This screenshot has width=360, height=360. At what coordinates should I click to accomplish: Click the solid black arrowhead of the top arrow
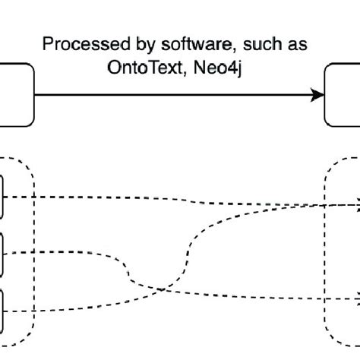pyautogui.click(x=318, y=95)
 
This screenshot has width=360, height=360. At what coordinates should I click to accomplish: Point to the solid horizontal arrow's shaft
pyautogui.click(x=175, y=95)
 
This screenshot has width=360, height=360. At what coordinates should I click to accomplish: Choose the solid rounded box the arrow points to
pyautogui.click(x=343, y=95)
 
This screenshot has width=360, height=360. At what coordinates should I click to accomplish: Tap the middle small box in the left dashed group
pyautogui.click(x=3, y=252)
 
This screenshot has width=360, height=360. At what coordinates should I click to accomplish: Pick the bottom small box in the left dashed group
pyautogui.click(x=3, y=308)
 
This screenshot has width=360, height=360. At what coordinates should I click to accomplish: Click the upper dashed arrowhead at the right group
pyautogui.click(x=355, y=204)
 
